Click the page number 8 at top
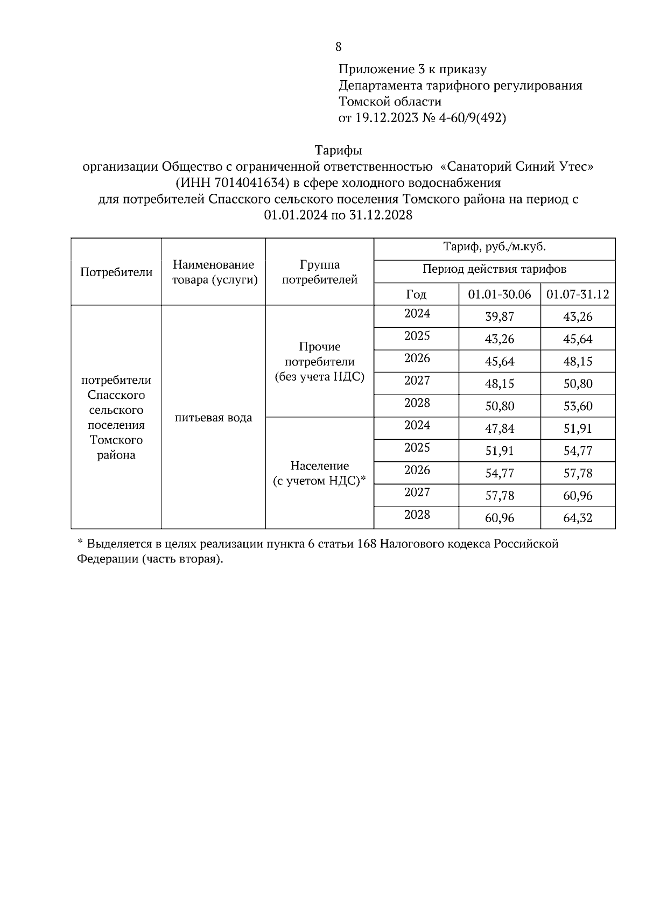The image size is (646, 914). coord(338,47)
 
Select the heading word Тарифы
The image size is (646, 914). coord(338,150)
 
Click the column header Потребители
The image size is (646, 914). coord(116,272)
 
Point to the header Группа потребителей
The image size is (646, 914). coord(320,272)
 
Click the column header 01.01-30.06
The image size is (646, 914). coord(499,294)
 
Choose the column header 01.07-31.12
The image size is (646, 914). coord(578,294)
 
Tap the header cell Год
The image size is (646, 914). coord(416,294)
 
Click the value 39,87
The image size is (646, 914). coord(499,317)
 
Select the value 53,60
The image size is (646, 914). coord(578,406)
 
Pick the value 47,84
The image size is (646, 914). coord(499,428)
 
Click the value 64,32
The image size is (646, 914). coord(578,518)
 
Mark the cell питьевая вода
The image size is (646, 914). coord(213,418)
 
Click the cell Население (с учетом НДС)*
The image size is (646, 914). coord(320,473)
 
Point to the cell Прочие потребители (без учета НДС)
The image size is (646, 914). coord(320,362)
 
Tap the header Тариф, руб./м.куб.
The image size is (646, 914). coord(494,248)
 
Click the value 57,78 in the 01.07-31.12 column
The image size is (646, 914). coord(578,473)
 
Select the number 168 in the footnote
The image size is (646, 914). coord(367,544)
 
